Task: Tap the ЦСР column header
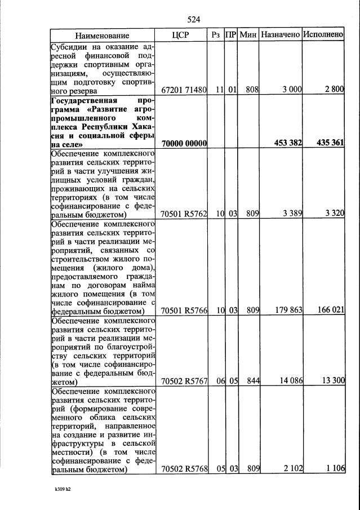184,35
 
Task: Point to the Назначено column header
280,35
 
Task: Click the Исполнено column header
323,35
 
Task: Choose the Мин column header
248,35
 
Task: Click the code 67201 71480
184,90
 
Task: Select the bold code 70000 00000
184,144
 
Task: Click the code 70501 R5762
184,214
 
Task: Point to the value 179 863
289,310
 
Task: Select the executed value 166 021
331,310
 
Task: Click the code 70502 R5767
184,381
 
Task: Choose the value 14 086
291,381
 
